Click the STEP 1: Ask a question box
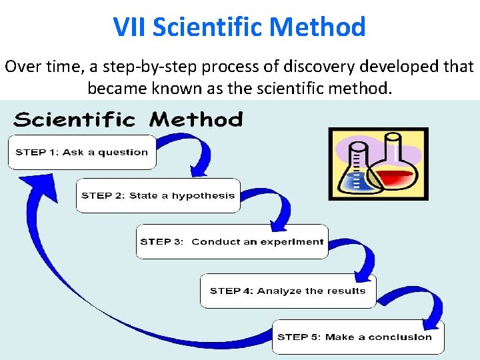coord(81,152)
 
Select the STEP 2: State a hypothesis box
coord(158,195)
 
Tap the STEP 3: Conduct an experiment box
coord(232,241)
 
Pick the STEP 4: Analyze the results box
coord(288,291)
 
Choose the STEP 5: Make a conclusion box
coord(357,337)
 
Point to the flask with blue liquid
coord(356,175)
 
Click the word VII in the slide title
coord(130,27)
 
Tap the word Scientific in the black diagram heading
coord(74,120)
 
